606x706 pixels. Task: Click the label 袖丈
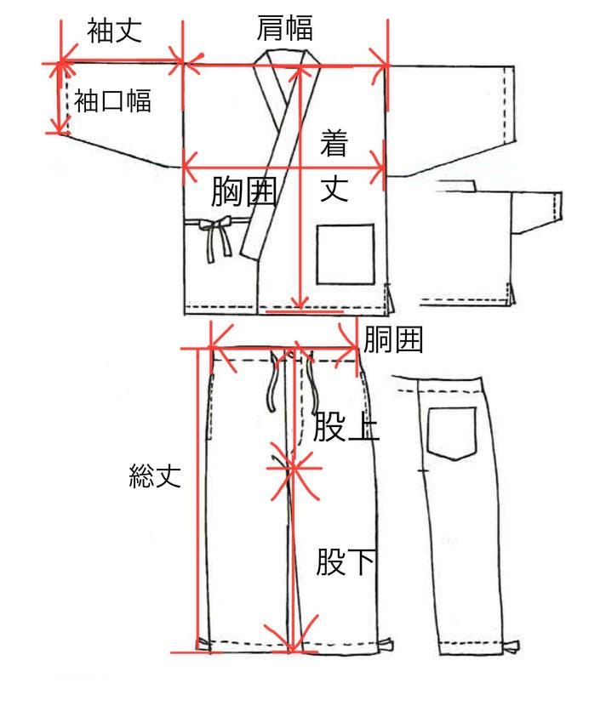pos(114,31)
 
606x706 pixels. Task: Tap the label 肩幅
pos(284,28)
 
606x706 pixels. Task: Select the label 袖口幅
pos(113,101)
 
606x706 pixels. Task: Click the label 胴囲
pos(393,341)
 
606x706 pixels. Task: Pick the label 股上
pos(345,426)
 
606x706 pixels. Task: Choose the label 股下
pos(345,562)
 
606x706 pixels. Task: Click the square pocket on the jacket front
pos(346,253)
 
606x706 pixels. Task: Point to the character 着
pos(334,143)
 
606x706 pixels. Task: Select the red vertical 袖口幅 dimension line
pos(58,98)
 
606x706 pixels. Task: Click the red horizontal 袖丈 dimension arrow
pos(121,62)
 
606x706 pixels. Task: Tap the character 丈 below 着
pos(334,188)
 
